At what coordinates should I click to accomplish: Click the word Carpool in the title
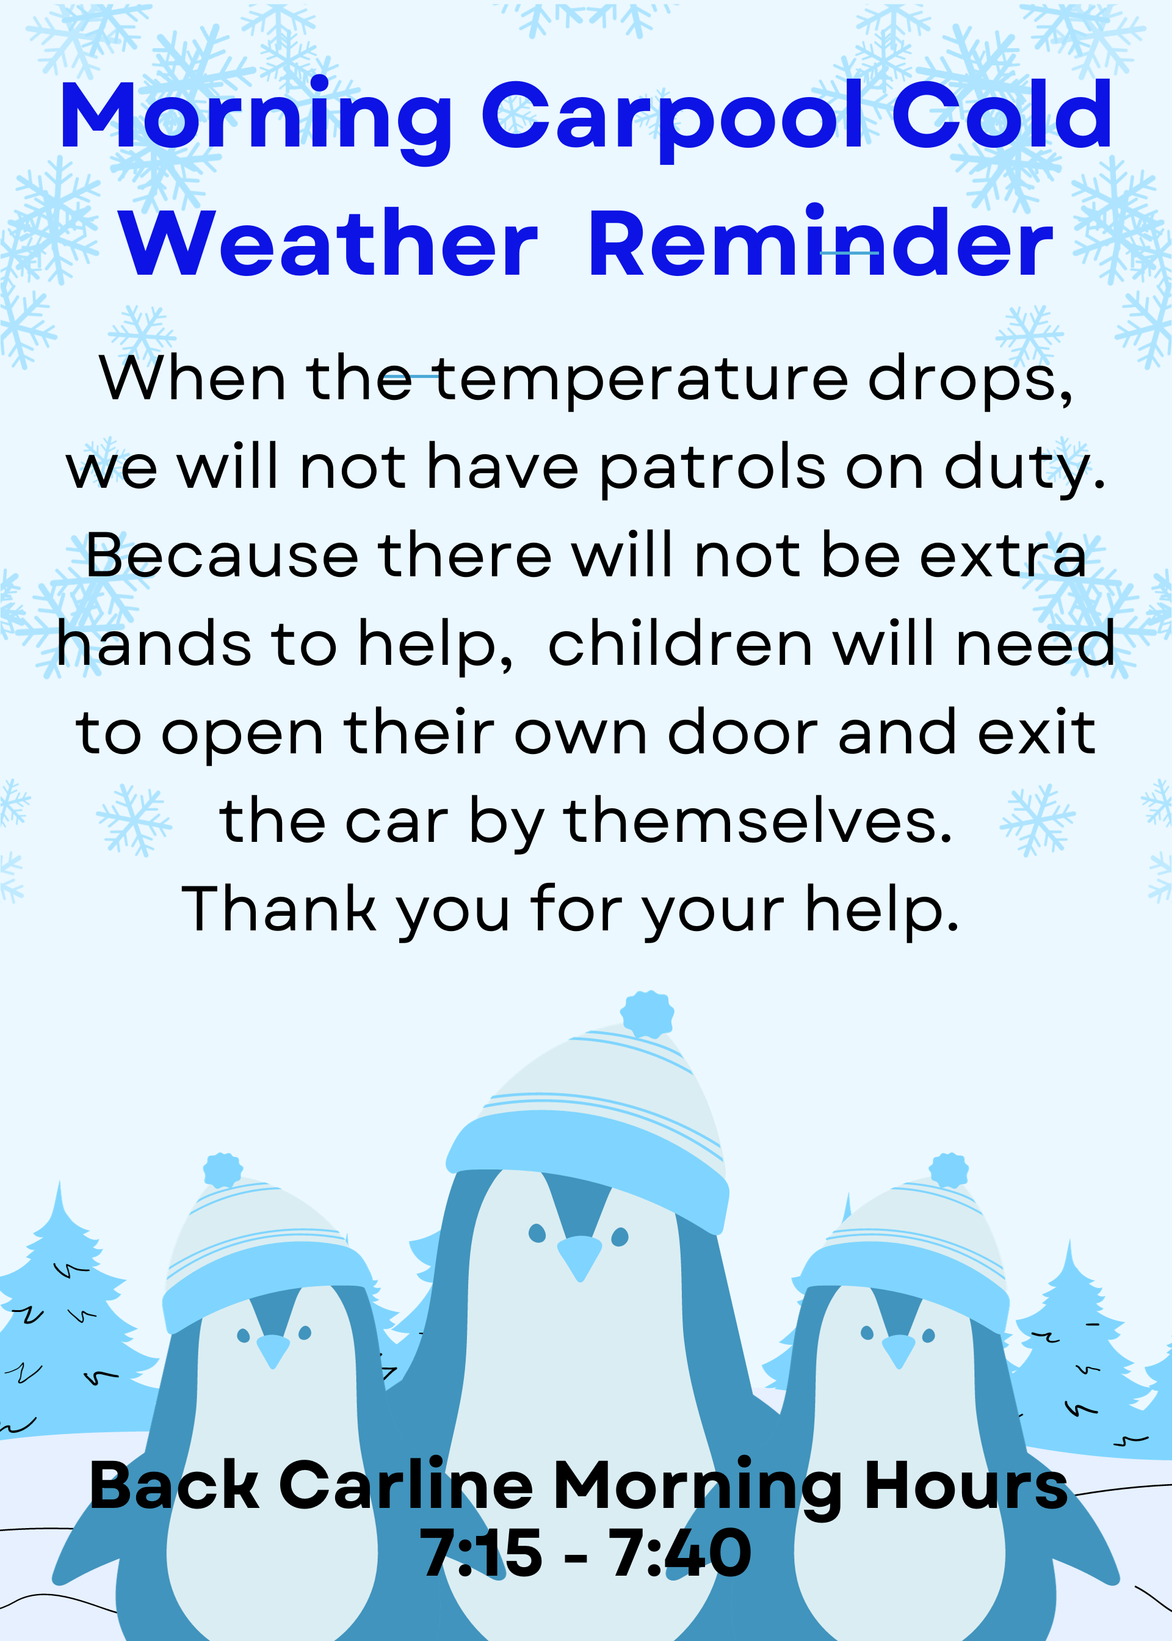672,120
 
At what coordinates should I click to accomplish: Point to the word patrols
712,468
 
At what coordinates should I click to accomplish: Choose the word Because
222,556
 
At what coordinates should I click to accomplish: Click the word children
681,643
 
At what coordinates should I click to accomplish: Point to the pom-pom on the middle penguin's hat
647,1015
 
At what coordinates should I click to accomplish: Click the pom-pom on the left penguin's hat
223,1170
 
